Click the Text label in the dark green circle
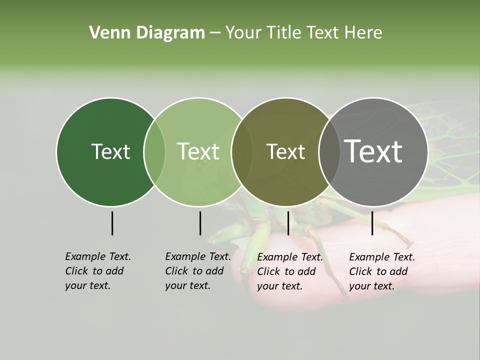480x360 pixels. pos(110,151)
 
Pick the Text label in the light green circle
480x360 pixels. pos(198,151)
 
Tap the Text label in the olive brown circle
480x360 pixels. pos(285,151)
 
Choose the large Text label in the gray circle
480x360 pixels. pos(373,151)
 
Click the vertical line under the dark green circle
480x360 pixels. pos(112,223)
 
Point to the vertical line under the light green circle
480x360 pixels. pos(200,223)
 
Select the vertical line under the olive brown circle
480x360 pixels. pos(288,223)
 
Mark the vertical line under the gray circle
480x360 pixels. pos(372,223)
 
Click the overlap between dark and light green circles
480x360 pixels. pos(154,152)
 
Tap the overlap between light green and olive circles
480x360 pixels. pos(242,152)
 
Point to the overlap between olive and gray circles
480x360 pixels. pos(329,152)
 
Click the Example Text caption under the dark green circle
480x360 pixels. pos(98,271)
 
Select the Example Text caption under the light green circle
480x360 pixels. pos(198,271)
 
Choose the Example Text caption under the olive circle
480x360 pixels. pos(290,271)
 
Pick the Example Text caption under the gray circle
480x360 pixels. pos(382,271)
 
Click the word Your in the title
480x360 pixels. pos(243,32)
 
